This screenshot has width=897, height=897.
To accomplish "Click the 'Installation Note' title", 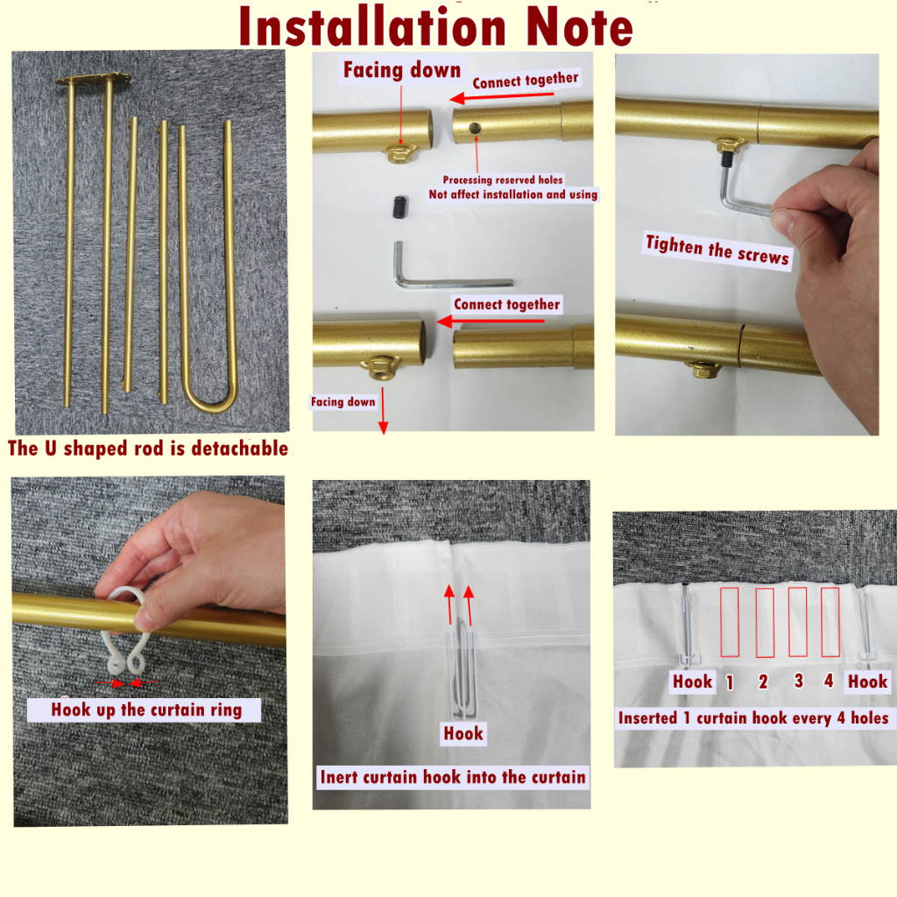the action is pyautogui.click(x=436, y=27).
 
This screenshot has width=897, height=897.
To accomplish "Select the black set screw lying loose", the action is pyautogui.click(x=400, y=207).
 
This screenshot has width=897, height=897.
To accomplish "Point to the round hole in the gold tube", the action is pyautogui.click(x=475, y=128).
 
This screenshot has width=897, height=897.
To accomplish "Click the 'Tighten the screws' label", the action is pyautogui.click(x=717, y=251).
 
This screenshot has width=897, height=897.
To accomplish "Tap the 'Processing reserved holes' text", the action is pyautogui.click(x=503, y=180).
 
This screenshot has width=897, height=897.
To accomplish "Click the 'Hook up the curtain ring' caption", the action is pyautogui.click(x=146, y=710).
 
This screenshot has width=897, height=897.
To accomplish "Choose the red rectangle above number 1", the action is pyautogui.click(x=730, y=622).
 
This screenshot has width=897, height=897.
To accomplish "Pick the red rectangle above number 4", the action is pyautogui.click(x=830, y=622).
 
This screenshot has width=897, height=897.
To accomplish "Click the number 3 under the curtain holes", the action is pyautogui.click(x=799, y=681).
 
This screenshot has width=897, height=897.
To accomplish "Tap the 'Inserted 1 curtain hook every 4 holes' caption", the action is pyautogui.click(x=753, y=718).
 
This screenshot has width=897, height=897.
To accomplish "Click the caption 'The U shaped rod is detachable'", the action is pyautogui.click(x=147, y=448).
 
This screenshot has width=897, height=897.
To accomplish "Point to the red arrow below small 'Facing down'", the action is pyautogui.click(x=383, y=410).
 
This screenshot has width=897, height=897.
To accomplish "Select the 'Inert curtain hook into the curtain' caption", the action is pyautogui.click(x=453, y=778).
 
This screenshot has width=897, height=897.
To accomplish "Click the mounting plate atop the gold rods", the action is pyautogui.click(x=93, y=79).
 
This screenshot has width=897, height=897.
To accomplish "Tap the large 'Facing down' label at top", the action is pyautogui.click(x=401, y=70).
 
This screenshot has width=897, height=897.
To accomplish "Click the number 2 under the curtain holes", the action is pyautogui.click(x=763, y=682).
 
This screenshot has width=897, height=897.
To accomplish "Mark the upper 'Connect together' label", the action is pyautogui.click(x=526, y=80).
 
